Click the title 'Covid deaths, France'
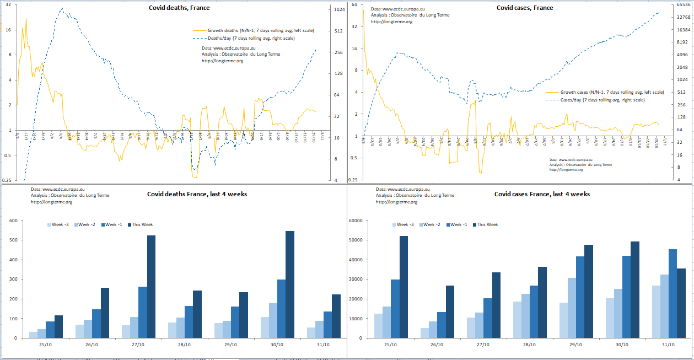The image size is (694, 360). (179, 8)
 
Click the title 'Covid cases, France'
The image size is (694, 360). (524, 8)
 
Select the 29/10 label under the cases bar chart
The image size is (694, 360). (576, 345)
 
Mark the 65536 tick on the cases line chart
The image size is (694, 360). (683, 5)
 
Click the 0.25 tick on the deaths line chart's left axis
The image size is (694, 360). (8, 180)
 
